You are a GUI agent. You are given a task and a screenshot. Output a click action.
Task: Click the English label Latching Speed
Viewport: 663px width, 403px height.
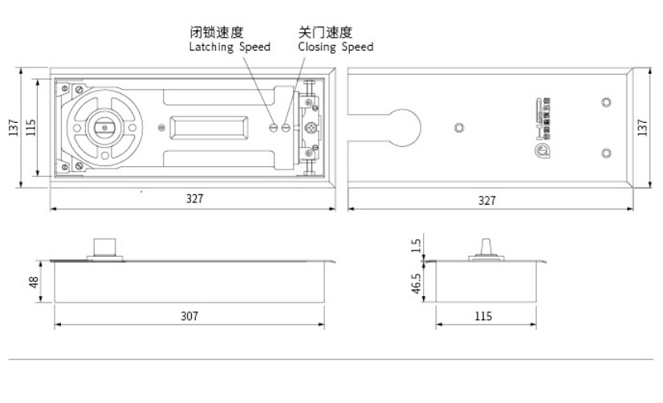coord(229,47)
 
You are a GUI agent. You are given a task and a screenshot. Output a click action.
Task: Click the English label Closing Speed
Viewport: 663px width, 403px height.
coord(336,47)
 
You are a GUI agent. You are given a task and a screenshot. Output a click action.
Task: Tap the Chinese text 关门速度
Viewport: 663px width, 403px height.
coord(325,33)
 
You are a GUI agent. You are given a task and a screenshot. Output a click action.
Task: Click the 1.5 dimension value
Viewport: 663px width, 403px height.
coord(414,246)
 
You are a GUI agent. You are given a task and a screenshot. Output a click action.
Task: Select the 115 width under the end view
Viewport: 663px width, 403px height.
coord(482,316)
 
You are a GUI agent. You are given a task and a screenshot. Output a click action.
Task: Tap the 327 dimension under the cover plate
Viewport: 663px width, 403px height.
coord(487,200)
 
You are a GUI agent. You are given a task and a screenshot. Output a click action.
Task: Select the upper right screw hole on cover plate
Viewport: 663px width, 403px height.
coord(606,103)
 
